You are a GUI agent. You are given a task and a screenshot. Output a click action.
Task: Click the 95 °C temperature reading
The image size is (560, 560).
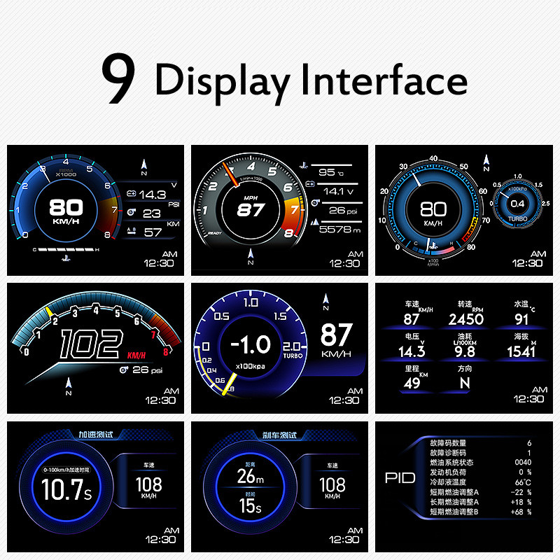pyautogui.click(x=327, y=172)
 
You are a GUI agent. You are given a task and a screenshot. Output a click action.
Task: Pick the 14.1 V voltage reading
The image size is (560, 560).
pyautogui.click(x=334, y=191)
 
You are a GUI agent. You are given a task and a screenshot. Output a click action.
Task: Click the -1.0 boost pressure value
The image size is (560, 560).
pyautogui.click(x=251, y=344)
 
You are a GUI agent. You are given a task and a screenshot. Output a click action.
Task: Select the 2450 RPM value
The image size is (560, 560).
pyautogui.click(x=466, y=319)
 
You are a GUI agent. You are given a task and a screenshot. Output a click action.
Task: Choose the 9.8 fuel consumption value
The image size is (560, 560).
pyautogui.click(x=465, y=351)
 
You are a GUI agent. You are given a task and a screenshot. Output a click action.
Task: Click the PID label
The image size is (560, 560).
pyautogui.click(x=400, y=478)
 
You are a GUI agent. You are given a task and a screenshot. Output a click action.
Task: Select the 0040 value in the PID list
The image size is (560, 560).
pyautogui.click(x=522, y=463)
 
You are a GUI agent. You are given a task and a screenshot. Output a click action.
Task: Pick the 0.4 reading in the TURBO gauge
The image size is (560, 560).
pyautogui.click(x=517, y=204)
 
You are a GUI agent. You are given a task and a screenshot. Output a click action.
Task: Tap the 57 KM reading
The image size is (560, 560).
pyautogui.click(x=153, y=232)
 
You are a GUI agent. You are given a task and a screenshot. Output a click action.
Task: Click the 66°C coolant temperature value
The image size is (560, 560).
pyautogui.click(x=521, y=482)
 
